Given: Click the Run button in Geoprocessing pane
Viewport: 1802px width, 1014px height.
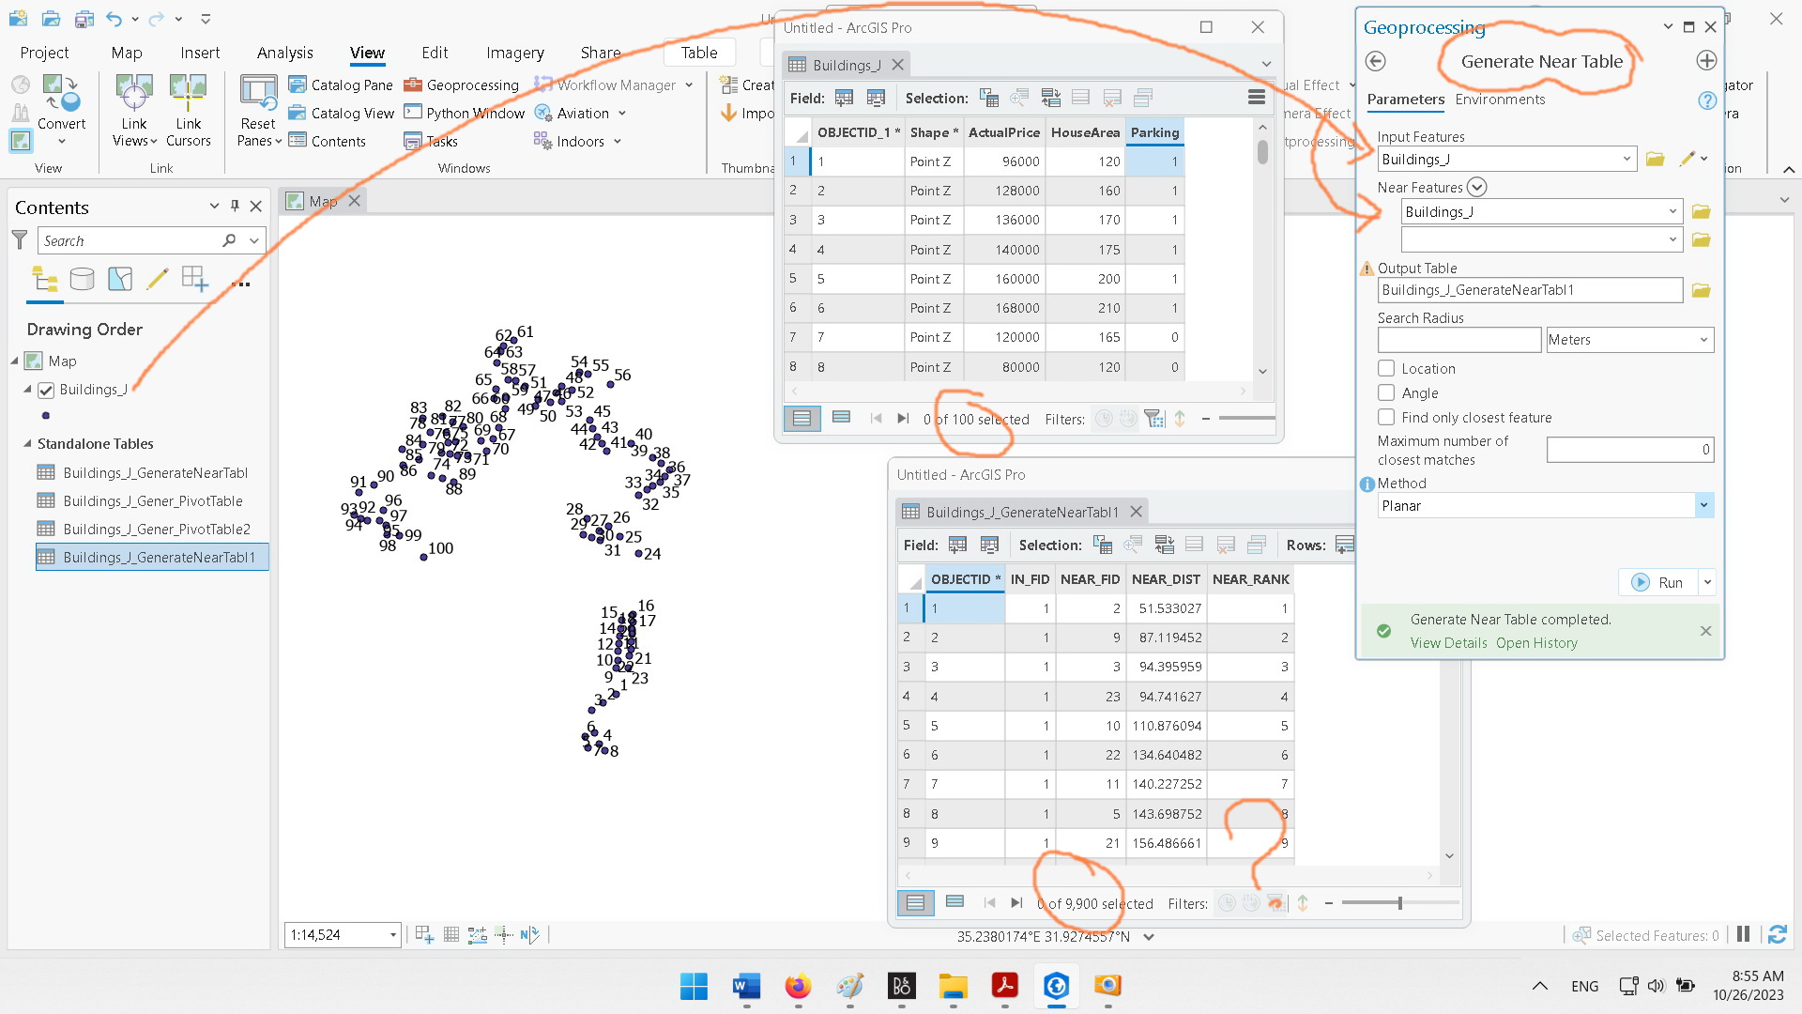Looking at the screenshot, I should [1659, 582].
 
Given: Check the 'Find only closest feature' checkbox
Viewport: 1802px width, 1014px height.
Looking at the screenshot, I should [1386, 418].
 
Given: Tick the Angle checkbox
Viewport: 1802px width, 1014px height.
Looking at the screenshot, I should [1386, 393].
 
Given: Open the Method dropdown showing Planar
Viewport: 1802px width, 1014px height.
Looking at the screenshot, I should [1703, 506].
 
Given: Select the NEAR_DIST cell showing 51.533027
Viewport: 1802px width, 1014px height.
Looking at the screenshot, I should [1168, 608].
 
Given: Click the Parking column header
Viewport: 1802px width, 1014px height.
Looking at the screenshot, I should [1153, 132].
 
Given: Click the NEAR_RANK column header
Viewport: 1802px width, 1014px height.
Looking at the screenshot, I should [1250, 579].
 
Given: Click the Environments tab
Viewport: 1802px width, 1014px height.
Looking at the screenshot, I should [1499, 100].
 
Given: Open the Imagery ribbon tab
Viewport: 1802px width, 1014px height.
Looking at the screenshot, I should [514, 53].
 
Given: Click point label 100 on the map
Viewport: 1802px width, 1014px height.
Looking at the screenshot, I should [440, 548].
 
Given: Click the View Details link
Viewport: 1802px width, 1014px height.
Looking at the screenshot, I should [1448, 643].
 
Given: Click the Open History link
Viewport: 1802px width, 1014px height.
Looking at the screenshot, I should [1536, 643].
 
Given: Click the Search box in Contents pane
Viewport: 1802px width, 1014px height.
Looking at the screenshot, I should [131, 241].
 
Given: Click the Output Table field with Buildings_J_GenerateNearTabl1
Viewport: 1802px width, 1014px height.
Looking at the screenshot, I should [1529, 290].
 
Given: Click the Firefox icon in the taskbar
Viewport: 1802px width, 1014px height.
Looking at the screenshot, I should [798, 986].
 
